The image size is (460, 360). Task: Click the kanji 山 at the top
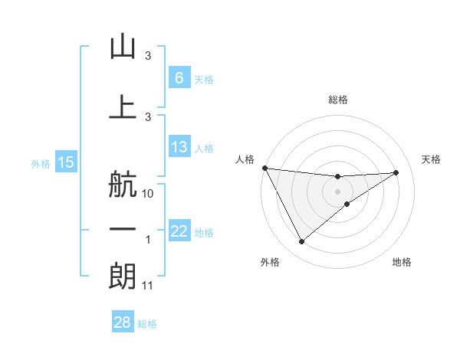point(123,47)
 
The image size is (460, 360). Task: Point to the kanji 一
point(123,230)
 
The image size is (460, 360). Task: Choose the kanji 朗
point(123,276)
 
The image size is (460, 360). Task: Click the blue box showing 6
point(179,78)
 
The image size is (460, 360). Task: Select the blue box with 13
point(179,147)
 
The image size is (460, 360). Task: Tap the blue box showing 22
point(179,231)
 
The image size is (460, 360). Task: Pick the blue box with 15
point(66,162)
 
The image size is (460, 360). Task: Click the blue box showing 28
point(123,323)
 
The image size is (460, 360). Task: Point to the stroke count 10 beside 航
point(148,193)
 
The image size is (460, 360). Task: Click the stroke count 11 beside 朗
point(148,286)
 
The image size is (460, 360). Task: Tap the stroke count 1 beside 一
point(148,240)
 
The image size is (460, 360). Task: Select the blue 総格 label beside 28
point(147,324)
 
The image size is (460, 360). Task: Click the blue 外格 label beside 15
point(41,163)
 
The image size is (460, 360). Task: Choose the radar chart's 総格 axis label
point(337,100)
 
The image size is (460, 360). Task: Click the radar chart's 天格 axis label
point(432,159)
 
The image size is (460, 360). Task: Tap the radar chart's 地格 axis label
point(402,263)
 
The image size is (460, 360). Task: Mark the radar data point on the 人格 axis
point(264,168)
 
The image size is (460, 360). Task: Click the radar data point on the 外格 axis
point(301,242)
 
